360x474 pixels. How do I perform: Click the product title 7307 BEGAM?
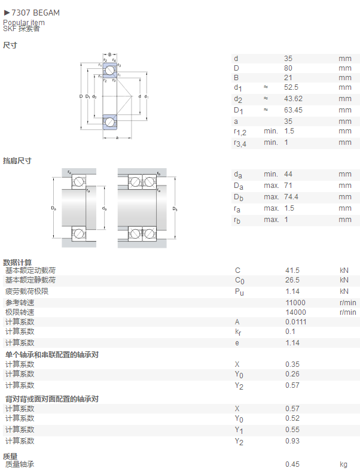click(x=36, y=13)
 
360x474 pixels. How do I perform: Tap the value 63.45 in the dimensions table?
click(x=293, y=110)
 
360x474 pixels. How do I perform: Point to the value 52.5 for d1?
click(x=291, y=87)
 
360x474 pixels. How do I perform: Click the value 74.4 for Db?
click(x=291, y=197)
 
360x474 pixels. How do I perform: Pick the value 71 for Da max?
click(x=288, y=186)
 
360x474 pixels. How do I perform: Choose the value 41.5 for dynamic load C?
click(x=292, y=271)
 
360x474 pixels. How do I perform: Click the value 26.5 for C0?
click(x=292, y=280)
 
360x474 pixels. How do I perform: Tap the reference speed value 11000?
click(x=295, y=303)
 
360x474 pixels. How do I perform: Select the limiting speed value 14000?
click(x=295, y=312)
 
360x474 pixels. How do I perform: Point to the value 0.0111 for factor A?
click(x=295, y=322)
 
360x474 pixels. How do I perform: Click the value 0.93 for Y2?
click(x=292, y=441)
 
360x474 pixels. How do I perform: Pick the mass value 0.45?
click(x=292, y=464)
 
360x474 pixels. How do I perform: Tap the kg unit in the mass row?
click(x=343, y=464)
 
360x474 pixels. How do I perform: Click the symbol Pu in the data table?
click(x=239, y=292)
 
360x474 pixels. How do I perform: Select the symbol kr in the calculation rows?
click(x=238, y=332)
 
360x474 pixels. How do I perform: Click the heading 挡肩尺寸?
click(x=17, y=161)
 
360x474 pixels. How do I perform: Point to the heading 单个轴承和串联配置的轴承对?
click(x=52, y=354)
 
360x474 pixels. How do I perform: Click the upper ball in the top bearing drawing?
click(x=109, y=71)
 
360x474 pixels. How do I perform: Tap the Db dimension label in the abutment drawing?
click(x=175, y=209)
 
